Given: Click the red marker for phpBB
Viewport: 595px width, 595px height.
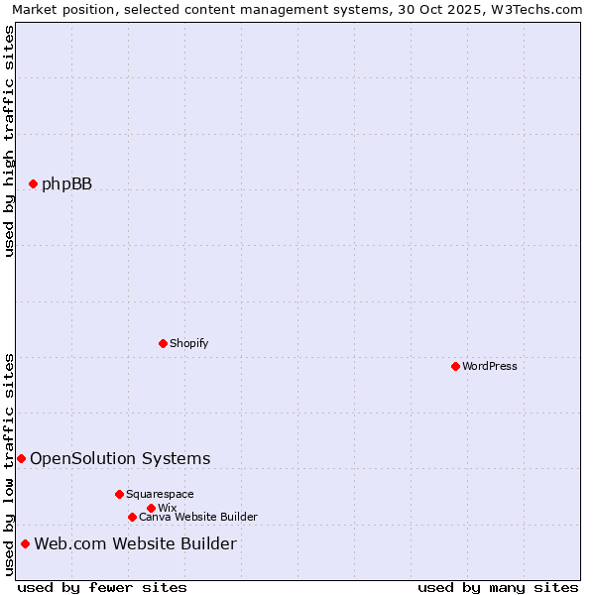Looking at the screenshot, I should coord(33,183).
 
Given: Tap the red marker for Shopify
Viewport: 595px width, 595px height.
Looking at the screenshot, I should coord(163,343).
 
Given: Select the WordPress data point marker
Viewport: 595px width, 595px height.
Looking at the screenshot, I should coord(455,366).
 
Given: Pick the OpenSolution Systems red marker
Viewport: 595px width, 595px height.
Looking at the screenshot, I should coord(21,458).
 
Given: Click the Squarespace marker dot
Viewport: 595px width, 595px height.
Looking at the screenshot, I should coord(119,494).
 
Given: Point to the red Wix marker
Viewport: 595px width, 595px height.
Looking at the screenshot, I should coord(151,508).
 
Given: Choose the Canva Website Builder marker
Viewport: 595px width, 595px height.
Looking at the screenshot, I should coord(132,517).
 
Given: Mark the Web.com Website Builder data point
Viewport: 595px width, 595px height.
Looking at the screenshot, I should coord(25,543).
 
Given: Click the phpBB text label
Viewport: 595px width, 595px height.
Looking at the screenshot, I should coord(66,183).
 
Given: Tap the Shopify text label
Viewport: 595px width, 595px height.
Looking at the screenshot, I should coord(188,343).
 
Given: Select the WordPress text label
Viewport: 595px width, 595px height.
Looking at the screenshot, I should coord(490,366).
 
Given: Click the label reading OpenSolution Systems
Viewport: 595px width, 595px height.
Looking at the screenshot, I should coord(120,458).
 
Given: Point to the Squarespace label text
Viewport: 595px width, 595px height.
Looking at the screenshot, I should coord(160,494).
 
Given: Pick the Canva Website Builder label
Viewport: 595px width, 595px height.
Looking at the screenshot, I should coord(198,517).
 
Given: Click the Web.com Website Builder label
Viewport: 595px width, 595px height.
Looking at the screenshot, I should coord(135,543).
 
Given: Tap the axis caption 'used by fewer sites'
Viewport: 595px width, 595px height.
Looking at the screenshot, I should coord(102,587).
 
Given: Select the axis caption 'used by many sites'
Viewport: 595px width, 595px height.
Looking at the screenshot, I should coord(498,587).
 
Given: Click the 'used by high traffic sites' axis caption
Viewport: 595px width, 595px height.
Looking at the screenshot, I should coord(9,141).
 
